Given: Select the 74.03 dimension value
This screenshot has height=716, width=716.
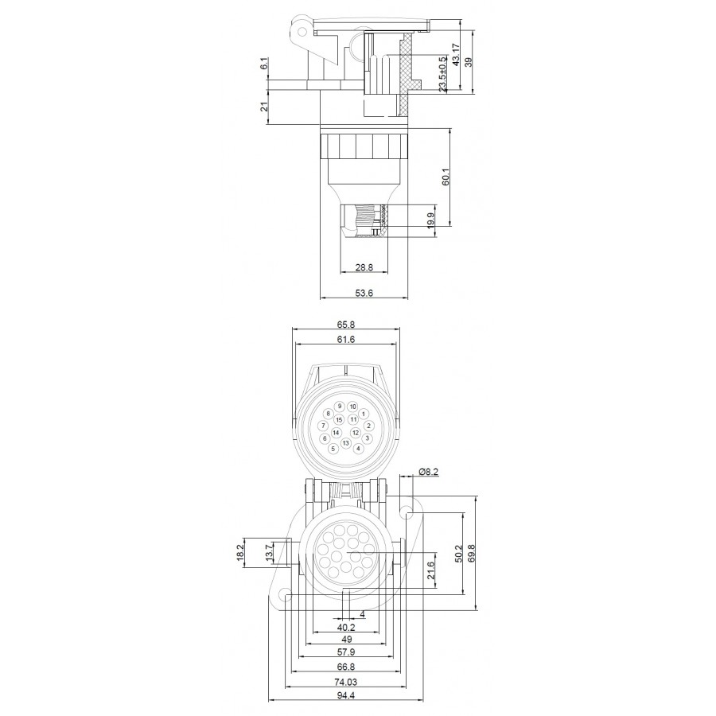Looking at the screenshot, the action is pyautogui.click(x=346, y=682).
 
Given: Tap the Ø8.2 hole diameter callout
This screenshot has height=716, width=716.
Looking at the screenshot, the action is pyautogui.click(x=428, y=472).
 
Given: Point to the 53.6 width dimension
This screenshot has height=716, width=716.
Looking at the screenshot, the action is pyautogui.click(x=364, y=293).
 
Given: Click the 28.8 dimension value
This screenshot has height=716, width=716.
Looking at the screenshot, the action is pyautogui.click(x=364, y=267).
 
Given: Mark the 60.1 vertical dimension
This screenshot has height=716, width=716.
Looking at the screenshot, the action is pyautogui.click(x=446, y=177).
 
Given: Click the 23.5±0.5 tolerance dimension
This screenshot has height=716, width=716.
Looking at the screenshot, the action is pyautogui.click(x=442, y=75).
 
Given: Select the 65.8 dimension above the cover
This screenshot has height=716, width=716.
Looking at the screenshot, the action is pyautogui.click(x=346, y=325).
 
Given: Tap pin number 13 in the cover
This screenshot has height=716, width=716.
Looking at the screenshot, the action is pyautogui.click(x=346, y=443).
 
